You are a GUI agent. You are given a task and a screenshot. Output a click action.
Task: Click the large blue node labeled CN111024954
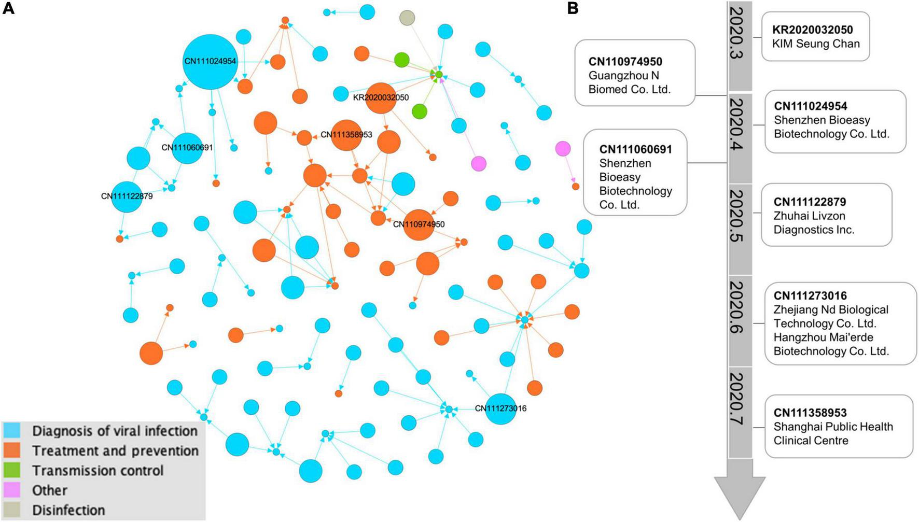tap(210, 61)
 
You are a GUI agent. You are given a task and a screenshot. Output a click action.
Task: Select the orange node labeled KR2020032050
tap(381, 97)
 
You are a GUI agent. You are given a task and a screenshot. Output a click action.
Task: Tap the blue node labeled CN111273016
tap(500, 408)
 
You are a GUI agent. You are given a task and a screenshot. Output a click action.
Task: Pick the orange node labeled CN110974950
tap(419, 225)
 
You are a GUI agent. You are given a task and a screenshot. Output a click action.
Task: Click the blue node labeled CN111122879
tap(127, 196)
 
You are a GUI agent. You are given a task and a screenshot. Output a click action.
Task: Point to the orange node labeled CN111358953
tap(346, 135)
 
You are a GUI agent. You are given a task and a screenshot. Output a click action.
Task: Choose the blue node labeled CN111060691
tap(187, 148)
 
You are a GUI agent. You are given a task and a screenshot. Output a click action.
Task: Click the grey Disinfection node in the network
tap(407, 18)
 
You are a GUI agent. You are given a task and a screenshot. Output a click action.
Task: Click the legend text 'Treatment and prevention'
tap(115, 450)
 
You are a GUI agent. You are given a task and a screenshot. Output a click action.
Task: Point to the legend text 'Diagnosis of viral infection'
tap(115, 431)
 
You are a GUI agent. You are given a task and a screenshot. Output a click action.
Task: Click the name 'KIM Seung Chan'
tap(815, 44)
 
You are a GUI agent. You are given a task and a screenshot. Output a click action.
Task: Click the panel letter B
tap(573, 8)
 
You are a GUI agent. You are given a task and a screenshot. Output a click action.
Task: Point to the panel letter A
tap(8, 8)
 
